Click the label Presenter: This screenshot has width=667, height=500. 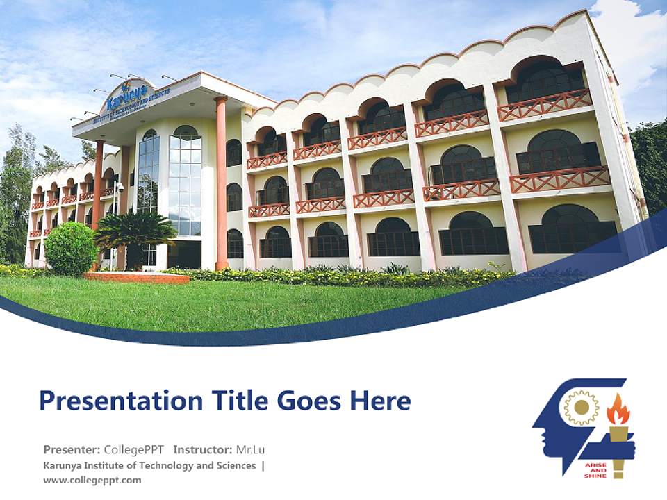click(x=72, y=449)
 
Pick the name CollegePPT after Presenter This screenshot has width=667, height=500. click(x=134, y=449)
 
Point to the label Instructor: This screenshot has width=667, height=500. click(x=202, y=449)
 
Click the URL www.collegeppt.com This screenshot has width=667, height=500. click(x=92, y=480)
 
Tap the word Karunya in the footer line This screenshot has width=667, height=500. click(x=63, y=465)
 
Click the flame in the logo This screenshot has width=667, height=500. click(x=618, y=410)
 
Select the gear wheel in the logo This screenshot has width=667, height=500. click(x=581, y=408)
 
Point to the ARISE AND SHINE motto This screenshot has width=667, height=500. click(x=596, y=470)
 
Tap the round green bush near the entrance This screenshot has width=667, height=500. click(x=70, y=249)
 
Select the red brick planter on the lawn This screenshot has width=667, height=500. click(x=136, y=278)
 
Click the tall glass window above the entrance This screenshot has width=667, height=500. click(x=185, y=181)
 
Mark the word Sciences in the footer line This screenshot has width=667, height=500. click(x=236, y=465)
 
